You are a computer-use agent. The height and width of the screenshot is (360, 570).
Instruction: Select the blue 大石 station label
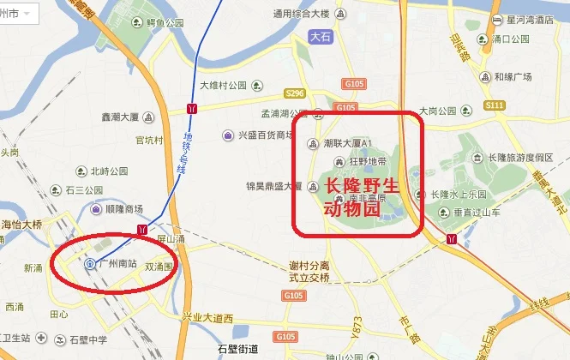tap(319, 37)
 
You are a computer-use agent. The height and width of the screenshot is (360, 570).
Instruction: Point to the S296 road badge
tap(295, 93)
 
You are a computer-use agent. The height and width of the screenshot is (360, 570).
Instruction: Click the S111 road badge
tap(494, 105)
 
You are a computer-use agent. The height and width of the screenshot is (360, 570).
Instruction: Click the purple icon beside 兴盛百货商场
tap(227, 135)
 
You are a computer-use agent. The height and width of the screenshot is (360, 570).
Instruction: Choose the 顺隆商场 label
tap(123, 208)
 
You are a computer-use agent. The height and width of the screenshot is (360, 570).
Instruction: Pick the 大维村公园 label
tap(223, 85)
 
